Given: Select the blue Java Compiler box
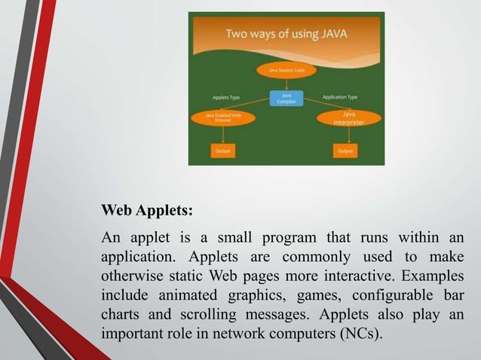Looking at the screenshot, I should click(286, 98).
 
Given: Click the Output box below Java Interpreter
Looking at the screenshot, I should click(345, 151).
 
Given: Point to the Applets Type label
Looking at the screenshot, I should click(227, 97).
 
